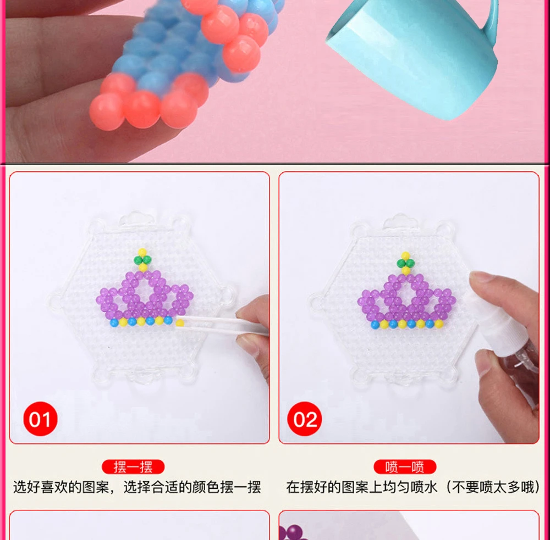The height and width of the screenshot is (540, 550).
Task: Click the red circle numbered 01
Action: (40, 419)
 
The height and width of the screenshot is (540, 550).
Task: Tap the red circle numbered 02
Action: (305, 419)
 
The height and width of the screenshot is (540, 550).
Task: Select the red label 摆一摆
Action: (133, 467)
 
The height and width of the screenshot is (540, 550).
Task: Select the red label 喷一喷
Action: (405, 467)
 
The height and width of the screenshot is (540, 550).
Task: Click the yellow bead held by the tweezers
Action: (180, 323)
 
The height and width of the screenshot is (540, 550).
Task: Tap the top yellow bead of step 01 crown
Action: (142, 252)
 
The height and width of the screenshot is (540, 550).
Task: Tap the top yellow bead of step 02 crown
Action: (405, 256)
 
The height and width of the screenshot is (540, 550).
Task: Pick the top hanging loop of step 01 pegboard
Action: (136, 220)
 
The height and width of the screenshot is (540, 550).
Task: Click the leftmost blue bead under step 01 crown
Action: (114, 323)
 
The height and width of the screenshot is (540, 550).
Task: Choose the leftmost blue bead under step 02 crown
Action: (375, 325)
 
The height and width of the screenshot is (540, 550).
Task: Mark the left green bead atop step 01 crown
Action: (138, 260)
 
